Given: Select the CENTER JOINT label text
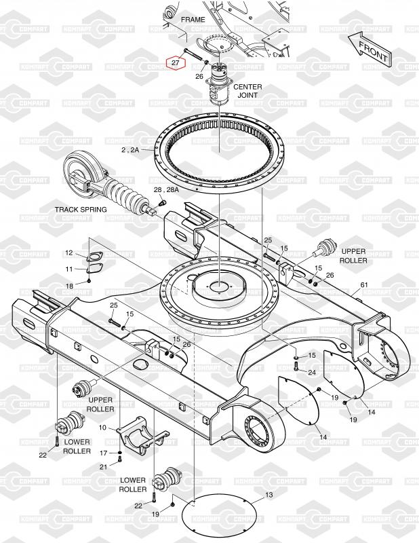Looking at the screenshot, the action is click(x=247, y=91).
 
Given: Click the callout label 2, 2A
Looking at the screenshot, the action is click(x=130, y=149).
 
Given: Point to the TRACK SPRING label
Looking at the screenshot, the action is click(x=81, y=210).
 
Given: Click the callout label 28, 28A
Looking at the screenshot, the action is click(x=166, y=190).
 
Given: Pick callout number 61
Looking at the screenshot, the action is click(x=364, y=285).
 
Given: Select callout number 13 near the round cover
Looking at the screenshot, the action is click(x=269, y=495).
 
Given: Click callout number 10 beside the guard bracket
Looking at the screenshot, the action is click(x=102, y=428).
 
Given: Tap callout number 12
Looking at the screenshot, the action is click(x=69, y=252).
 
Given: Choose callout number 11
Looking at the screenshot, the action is click(x=69, y=269).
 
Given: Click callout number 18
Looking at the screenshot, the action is click(x=69, y=286).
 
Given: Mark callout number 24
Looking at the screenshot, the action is click(x=312, y=373).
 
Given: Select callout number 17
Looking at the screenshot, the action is click(x=104, y=453).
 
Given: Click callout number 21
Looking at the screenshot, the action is click(x=104, y=467).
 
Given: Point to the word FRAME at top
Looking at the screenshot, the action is click(x=193, y=20).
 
